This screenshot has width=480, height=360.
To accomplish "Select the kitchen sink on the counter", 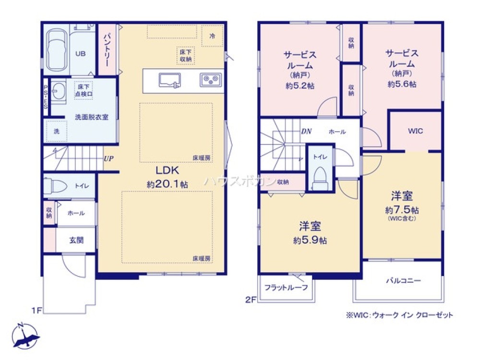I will [169, 80].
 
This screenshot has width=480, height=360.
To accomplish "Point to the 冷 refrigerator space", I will [212, 36].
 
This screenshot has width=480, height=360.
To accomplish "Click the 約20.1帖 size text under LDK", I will [167, 184].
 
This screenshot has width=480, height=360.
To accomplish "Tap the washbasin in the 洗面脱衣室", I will [59, 91].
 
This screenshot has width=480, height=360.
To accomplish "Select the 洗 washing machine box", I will [57, 131].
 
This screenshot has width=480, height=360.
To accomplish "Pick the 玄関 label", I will [76, 240].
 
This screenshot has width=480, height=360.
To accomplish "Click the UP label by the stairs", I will [109, 158].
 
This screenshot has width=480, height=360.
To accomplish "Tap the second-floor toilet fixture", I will [319, 178].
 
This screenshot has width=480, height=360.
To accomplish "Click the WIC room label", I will [416, 131].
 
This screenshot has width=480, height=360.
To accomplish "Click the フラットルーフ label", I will [286, 288].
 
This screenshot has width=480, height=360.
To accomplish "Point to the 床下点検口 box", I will [84, 91].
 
